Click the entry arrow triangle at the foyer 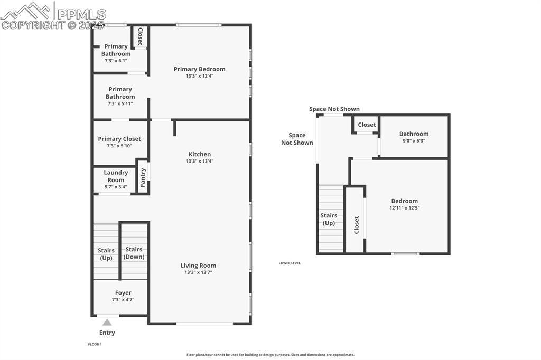(107, 322)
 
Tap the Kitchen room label (200, 154)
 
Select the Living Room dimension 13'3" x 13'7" (198, 272)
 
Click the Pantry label (143, 177)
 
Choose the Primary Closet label (119, 139)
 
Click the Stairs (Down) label (134, 253)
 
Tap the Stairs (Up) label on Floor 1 (106, 254)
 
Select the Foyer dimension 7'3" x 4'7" (123, 300)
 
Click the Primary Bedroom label (200, 69)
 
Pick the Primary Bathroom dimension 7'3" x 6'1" (116, 61)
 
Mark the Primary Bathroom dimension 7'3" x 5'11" (120, 103)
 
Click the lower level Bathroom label (414, 134)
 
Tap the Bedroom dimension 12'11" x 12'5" (404, 208)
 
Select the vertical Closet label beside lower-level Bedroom (357, 225)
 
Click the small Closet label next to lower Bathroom (367, 125)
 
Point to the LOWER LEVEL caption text (290, 263)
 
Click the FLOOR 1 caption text (95, 344)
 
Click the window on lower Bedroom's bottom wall (405, 254)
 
